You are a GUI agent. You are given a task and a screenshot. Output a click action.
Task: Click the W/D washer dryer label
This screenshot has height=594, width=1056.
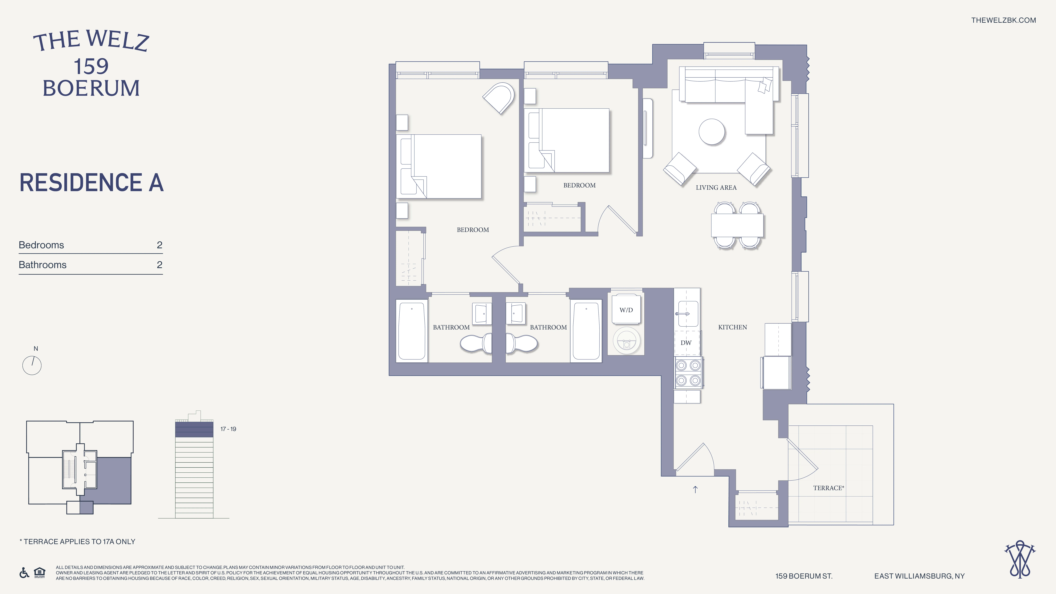[626, 310]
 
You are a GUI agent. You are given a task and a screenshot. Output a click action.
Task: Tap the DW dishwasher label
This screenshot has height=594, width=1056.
[686, 343]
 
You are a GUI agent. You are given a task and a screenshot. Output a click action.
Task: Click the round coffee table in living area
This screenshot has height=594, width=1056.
[712, 132]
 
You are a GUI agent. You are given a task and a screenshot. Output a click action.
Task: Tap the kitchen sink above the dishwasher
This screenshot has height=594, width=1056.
[687, 314]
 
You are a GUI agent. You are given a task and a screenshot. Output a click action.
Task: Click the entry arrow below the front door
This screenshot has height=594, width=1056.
[695, 489]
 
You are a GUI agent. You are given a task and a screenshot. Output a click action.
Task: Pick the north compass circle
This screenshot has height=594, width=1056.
[32, 365]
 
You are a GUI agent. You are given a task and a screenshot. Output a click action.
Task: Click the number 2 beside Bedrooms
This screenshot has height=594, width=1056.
[159, 245]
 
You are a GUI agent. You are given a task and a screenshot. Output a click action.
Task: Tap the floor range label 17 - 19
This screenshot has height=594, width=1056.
[228, 429]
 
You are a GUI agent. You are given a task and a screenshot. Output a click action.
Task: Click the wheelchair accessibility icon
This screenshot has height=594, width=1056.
[24, 573]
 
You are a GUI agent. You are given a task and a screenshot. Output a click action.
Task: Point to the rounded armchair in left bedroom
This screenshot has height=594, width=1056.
[499, 98]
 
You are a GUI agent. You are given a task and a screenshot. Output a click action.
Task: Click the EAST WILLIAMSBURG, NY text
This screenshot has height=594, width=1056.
[919, 576]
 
